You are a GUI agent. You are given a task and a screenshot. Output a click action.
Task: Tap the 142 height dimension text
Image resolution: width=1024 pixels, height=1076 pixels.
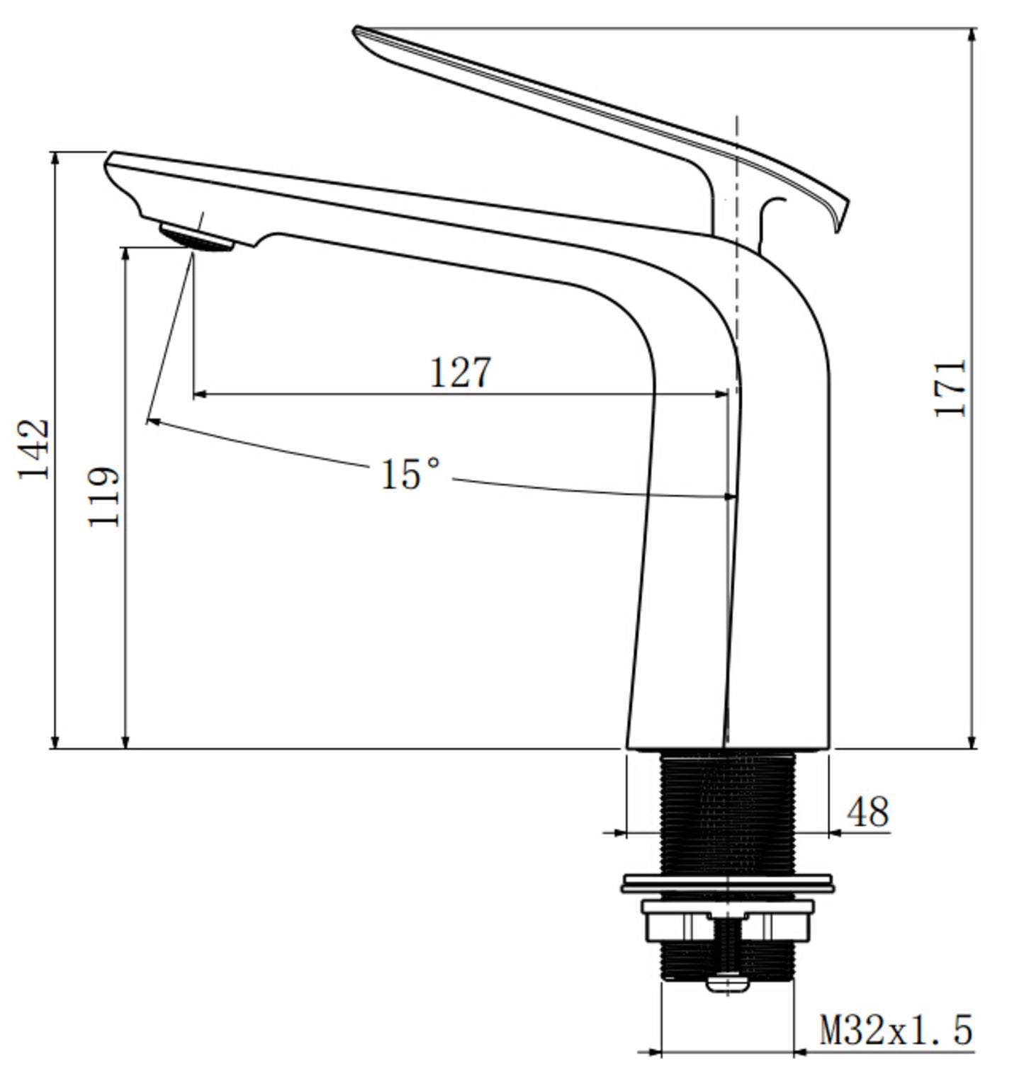34,449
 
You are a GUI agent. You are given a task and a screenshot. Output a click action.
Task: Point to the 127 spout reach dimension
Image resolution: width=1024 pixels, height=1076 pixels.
461,372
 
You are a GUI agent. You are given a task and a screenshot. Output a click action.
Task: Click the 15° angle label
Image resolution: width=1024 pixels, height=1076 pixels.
410,474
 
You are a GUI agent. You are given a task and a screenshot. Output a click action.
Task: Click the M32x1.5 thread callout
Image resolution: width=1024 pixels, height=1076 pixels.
896,1030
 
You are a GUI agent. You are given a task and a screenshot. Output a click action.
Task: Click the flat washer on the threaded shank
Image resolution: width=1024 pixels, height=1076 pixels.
727,883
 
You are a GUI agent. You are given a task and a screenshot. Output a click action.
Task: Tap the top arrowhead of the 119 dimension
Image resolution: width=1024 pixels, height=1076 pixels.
125,254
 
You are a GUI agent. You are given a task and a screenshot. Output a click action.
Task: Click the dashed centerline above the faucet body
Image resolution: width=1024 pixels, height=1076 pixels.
737,177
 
